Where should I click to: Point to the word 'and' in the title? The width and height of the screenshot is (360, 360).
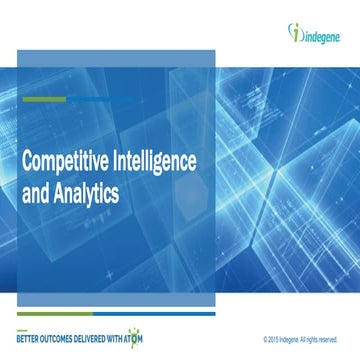coord(36,187)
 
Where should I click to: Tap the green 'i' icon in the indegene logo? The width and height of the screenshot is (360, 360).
coord(291,32)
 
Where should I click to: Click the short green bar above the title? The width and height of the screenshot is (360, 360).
coord(38,100)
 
